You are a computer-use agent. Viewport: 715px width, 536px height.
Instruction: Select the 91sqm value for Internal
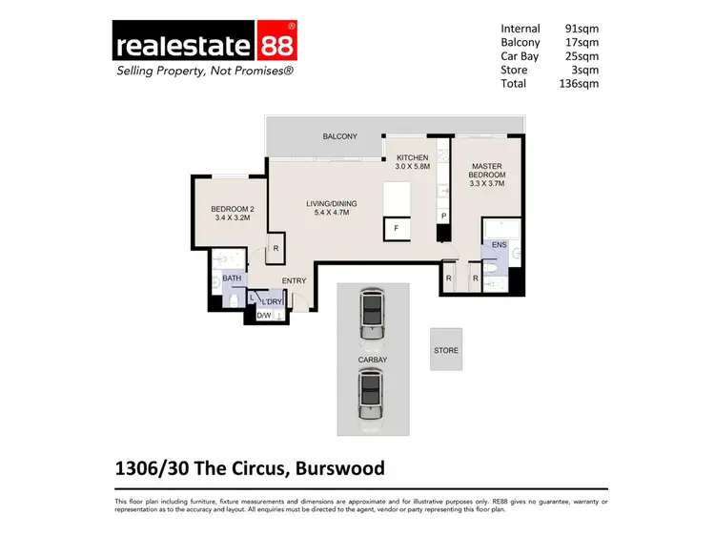point(582,29)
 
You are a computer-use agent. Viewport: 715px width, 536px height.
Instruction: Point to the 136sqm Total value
point(579,83)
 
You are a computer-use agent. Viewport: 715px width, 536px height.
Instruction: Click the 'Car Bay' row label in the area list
point(521,56)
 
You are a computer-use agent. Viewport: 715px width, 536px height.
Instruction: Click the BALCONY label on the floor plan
point(339,137)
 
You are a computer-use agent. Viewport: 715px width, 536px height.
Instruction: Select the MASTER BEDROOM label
point(486,175)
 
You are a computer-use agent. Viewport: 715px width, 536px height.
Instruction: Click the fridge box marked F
point(396,229)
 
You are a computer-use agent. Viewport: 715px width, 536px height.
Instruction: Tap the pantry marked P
point(443,216)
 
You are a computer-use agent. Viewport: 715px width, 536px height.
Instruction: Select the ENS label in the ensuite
point(500,245)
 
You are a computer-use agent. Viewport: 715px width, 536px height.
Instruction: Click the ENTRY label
point(294,280)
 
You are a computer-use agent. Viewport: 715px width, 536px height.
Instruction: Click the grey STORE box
point(446,350)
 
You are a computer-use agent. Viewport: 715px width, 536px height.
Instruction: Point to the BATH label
point(232,279)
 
